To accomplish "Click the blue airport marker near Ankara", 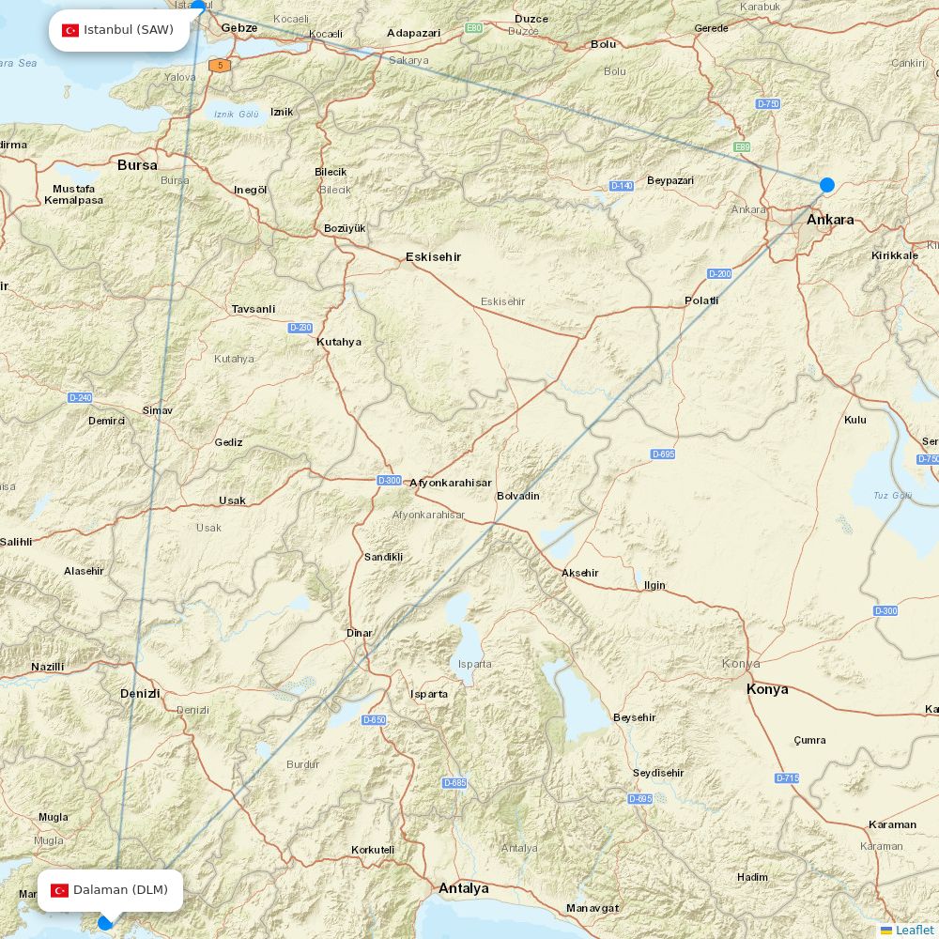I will pyautogui.click(x=827, y=185).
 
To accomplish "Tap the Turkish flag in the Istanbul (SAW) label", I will pyautogui.click(x=70, y=30).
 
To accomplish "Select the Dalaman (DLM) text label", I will pyautogui.click(x=120, y=890).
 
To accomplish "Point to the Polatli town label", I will pyautogui.click(x=701, y=300).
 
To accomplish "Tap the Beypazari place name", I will pyautogui.click(x=670, y=180).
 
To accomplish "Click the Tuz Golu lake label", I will pyautogui.click(x=892, y=495).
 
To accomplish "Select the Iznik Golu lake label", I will pyautogui.click(x=236, y=115).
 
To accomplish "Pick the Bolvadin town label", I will pyautogui.click(x=518, y=496).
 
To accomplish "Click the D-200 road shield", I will pyautogui.click(x=719, y=273).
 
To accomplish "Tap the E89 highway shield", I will pyautogui.click(x=743, y=147).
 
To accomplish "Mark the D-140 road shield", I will pyautogui.click(x=622, y=186).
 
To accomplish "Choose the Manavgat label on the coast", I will pyautogui.click(x=593, y=908).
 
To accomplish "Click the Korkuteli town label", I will pyautogui.click(x=373, y=850).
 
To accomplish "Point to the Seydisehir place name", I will pyautogui.click(x=658, y=773).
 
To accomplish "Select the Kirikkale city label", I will pyautogui.click(x=894, y=255).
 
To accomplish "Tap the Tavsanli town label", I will pyautogui.click(x=254, y=309).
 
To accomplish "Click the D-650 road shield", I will pyautogui.click(x=374, y=720).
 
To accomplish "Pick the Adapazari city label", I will pyautogui.click(x=414, y=33).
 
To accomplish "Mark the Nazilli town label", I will pyautogui.click(x=48, y=667).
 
